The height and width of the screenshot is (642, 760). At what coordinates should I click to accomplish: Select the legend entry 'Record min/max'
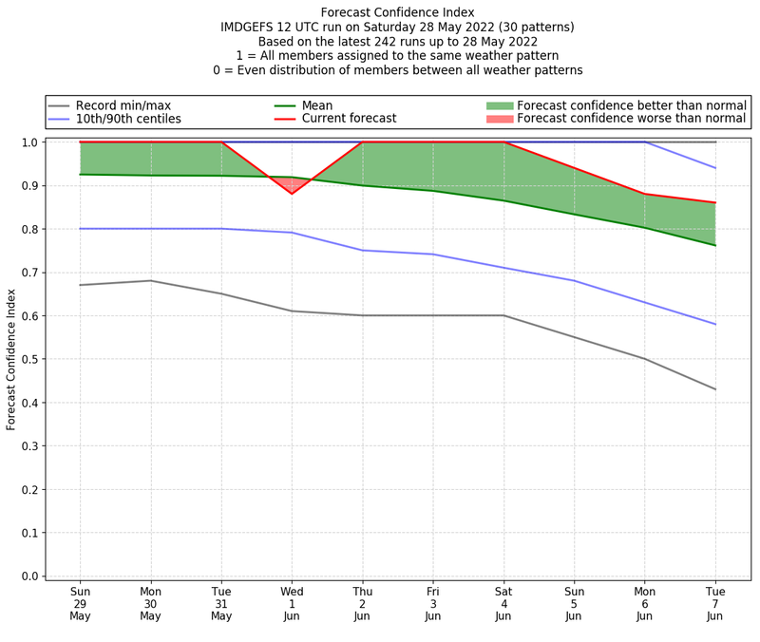coord(123,104)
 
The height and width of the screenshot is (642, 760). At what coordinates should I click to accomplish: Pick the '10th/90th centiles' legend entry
coord(128,119)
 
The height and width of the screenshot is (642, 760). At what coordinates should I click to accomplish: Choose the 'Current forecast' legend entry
coord(349,119)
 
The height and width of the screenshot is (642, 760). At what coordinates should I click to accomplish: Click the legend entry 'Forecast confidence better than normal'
coord(632,104)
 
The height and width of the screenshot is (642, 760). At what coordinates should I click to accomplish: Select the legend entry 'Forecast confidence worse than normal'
coord(632,119)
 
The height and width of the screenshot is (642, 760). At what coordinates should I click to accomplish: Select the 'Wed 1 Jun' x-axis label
coord(292,603)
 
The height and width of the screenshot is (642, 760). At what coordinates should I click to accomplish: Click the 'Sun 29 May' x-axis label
coord(80,603)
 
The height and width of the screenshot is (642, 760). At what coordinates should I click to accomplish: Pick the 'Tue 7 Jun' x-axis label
coord(715,603)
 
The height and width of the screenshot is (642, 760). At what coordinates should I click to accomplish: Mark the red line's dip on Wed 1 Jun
coord(292,193)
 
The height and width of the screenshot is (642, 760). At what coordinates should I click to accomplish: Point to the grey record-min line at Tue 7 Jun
coord(715,389)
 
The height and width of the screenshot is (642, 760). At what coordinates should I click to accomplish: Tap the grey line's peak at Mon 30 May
coord(150,280)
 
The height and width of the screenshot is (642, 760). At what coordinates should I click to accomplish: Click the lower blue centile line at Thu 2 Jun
coord(362,250)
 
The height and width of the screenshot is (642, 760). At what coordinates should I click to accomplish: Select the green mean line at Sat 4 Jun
coord(503,200)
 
